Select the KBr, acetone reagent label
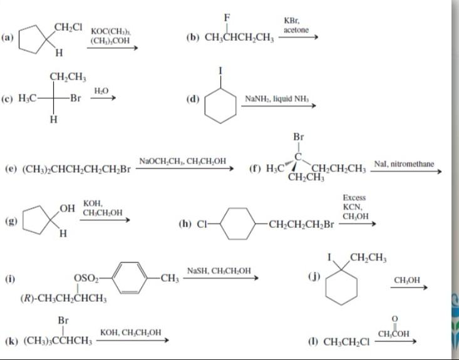[x=296, y=26]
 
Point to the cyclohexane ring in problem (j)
[x=344, y=285]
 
